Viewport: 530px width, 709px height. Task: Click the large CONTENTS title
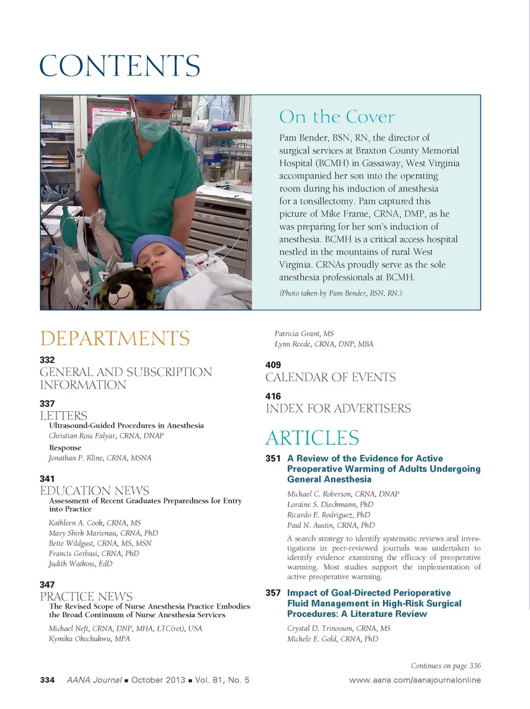(120, 66)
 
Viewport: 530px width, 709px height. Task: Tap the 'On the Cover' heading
(337, 117)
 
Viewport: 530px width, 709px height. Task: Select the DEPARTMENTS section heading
(115, 338)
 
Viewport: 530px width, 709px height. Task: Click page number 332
(47, 359)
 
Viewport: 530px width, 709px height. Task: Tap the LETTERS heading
(63, 415)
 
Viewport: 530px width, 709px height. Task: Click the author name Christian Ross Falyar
(106, 436)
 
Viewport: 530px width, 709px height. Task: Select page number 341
(47, 478)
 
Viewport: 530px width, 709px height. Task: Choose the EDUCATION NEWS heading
(94, 490)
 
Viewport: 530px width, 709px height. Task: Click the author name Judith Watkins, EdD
(81, 564)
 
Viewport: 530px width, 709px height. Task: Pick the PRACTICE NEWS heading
(86, 596)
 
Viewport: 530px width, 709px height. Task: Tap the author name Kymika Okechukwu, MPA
(89, 639)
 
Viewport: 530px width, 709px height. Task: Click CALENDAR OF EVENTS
(331, 377)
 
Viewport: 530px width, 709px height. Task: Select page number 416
(273, 396)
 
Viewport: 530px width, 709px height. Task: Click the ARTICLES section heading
(312, 437)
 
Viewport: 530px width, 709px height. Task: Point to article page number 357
(273, 592)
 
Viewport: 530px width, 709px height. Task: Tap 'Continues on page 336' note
(446, 665)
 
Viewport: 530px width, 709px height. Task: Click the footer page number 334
(47, 680)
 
